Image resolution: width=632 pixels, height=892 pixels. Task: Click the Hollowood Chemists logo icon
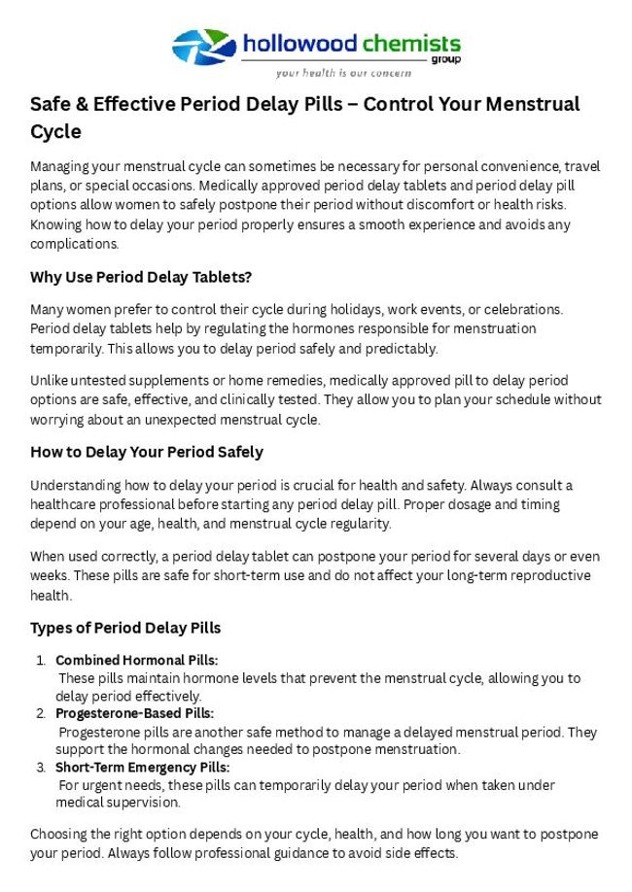tap(204, 47)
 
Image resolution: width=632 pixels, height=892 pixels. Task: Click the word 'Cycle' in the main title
tap(55, 131)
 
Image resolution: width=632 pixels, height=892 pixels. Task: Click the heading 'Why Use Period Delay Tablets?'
tap(141, 277)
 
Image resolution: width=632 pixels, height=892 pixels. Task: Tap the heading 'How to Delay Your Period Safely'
tap(146, 452)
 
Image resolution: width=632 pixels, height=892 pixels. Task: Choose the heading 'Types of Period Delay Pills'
tap(125, 627)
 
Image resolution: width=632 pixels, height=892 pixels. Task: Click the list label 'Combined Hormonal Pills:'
tap(136, 661)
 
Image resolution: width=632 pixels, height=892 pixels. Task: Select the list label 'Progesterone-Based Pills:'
tap(134, 714)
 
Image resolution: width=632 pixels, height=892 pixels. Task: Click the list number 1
tap(41, 661)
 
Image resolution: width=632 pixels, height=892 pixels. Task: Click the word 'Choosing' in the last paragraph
tap(57, 835)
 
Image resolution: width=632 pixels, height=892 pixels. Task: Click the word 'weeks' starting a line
tap(49, 575)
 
